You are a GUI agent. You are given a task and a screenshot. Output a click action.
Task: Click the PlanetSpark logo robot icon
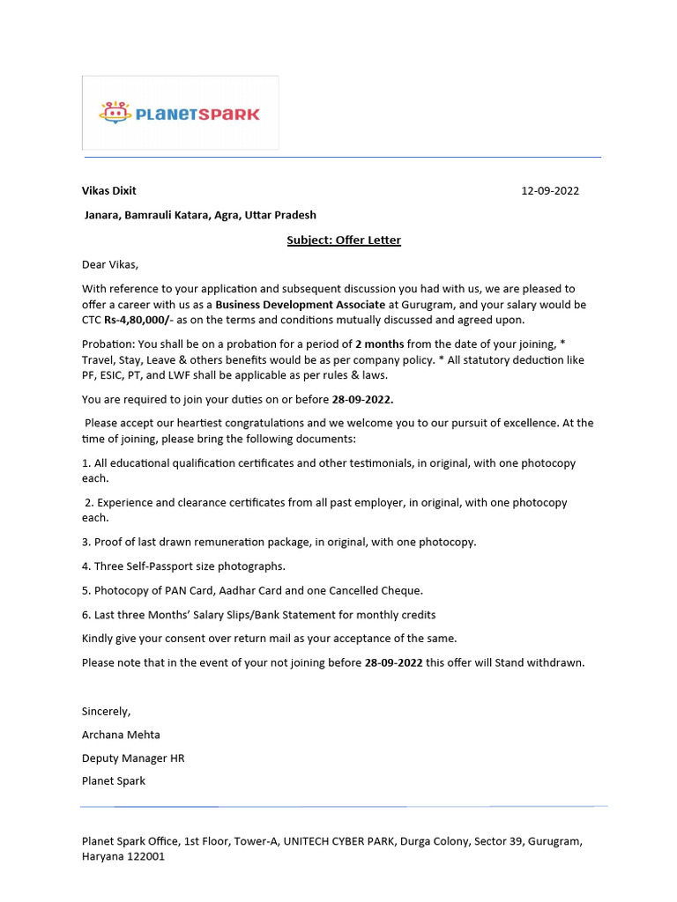(x=114, y=113)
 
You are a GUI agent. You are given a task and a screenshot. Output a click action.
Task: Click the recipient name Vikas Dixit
(x=109, y=190)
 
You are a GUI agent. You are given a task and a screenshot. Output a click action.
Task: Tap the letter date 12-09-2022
(x=550, y=190)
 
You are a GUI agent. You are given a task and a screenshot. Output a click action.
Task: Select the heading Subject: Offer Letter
(x=344, y=240)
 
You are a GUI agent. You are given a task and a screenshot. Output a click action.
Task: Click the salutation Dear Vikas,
(x=110, y=264)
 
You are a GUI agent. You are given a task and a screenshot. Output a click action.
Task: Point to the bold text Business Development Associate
(x=300, y=305)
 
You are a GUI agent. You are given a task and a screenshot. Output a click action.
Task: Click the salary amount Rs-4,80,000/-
(x=138, y=320)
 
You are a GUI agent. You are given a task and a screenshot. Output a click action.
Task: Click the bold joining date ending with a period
(x=362, y=400)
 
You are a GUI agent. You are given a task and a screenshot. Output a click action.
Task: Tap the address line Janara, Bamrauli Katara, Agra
(x=200, y=215)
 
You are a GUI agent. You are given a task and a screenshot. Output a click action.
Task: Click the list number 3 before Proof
(x=86, y=542)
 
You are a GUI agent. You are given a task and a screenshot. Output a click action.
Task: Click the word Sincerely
(x=106, y=711)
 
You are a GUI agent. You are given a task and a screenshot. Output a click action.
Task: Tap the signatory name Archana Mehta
(x=121, y=735)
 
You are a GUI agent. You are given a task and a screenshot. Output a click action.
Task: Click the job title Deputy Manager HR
(x=133, y=758)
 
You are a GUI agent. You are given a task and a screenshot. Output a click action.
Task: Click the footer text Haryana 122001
(x=123, y=856)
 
